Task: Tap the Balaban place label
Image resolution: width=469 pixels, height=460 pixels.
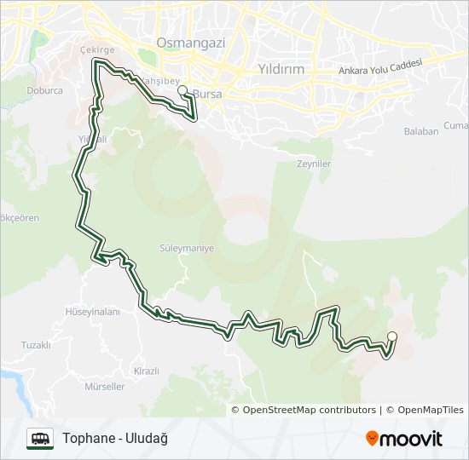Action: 421,131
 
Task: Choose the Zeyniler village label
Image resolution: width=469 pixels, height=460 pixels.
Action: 313,164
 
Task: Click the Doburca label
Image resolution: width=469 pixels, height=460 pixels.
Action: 44,89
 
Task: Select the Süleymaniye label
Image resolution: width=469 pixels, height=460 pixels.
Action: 186,249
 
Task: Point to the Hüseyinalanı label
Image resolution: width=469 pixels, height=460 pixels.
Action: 93,312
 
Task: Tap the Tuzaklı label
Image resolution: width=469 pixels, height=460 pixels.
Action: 37,345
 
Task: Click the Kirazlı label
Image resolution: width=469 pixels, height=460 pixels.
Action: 147,371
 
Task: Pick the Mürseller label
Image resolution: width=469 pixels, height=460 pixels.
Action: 105,386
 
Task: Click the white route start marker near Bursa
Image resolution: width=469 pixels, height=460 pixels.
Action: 182,89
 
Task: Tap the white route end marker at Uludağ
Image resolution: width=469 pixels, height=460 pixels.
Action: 392,336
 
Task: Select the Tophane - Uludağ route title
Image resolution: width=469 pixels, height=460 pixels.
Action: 115,438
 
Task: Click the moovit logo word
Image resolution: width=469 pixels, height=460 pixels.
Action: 411,439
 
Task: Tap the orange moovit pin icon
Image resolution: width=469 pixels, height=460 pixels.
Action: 372,439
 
